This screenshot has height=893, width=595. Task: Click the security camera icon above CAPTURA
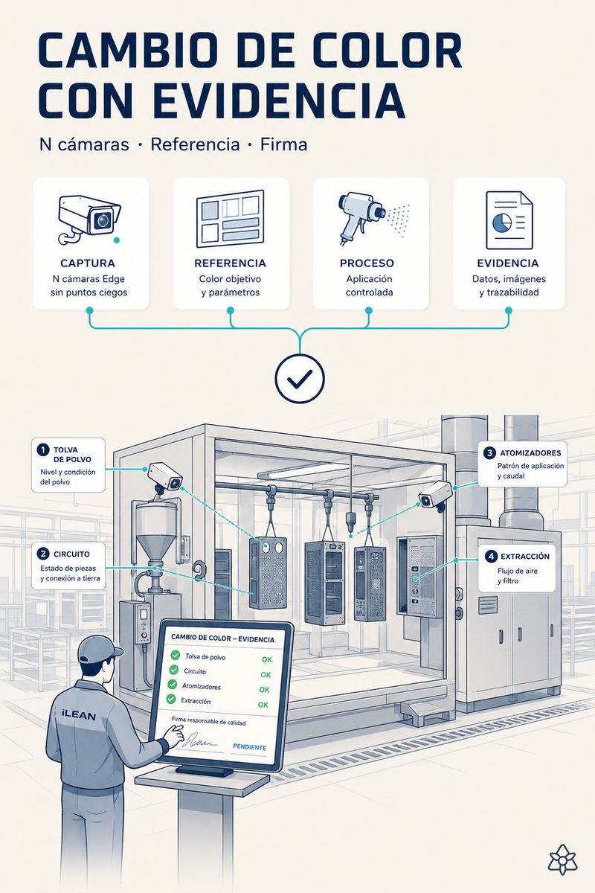89,220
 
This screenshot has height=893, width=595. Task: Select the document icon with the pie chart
509,220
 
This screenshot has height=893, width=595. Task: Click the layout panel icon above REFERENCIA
230,219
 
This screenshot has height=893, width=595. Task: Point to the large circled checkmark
300,379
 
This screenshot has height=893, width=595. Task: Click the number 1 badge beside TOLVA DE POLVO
42,449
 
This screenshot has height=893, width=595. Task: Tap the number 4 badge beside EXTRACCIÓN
491,557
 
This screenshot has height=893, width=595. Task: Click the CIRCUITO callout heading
71,554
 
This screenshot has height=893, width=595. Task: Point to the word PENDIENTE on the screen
249,747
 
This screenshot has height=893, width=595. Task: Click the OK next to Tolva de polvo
266,660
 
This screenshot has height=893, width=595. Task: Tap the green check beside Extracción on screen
171,699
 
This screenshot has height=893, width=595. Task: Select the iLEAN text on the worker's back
79,715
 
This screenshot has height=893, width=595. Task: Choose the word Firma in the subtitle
284,144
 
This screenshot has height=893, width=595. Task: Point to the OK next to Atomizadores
264,690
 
